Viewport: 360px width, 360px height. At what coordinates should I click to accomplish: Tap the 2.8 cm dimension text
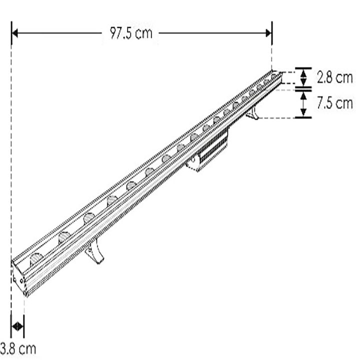(334, 77)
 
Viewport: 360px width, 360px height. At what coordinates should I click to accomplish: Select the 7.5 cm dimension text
(334, 103)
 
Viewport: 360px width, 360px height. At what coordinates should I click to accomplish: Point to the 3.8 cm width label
(18, 348)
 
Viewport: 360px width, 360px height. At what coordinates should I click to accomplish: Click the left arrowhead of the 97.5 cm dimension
(15, 33)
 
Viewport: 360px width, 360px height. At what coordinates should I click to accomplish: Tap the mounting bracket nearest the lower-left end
(95, 251)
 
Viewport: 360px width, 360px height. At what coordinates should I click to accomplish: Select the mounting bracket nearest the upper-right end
(252, 113)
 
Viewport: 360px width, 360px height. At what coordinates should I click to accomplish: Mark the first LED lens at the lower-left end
(36, 259)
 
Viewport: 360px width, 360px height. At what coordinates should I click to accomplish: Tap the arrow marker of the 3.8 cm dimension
(18, 326)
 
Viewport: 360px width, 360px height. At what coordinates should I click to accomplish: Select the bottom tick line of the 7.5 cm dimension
(303, 118)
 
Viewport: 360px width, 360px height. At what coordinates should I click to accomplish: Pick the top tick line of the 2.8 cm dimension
(303, 68)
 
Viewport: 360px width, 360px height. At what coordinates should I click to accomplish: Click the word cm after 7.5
(343, 103)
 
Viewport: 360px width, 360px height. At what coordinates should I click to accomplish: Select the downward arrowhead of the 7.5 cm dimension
(303, 113)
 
